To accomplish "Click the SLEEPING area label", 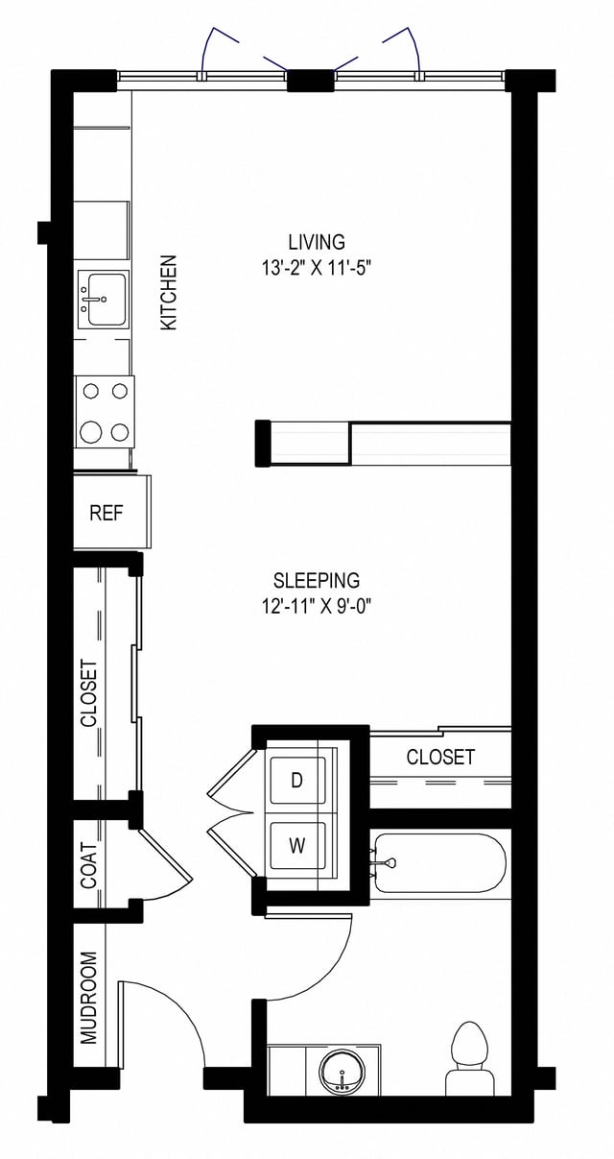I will coord(316,580).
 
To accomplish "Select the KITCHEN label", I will coord(169,292).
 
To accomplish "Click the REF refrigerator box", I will coord(106,513).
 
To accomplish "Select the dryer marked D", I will coord(297,780).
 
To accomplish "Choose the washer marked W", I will coord(297,846).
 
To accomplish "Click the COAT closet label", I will coord(89,864).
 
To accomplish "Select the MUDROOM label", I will coord(89,997).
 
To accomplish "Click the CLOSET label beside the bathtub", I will coord(440,757).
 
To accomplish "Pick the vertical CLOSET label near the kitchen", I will coord(89,691).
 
